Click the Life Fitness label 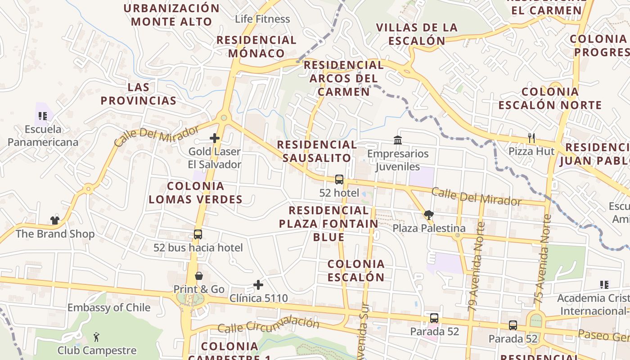262,19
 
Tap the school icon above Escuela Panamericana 43,116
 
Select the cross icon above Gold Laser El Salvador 215,138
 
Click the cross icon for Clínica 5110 258,284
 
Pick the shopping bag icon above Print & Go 198,275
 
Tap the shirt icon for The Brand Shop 55,220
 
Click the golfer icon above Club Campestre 96,337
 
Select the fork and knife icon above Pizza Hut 531,138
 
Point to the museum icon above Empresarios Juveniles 398,140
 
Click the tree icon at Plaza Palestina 428,215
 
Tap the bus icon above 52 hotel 339,180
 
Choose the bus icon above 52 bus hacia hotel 198,234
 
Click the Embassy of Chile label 109,308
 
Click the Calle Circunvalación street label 268,325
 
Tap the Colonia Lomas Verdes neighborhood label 195,193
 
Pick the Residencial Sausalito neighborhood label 317,151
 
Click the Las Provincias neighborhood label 139,94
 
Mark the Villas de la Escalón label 417,34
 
